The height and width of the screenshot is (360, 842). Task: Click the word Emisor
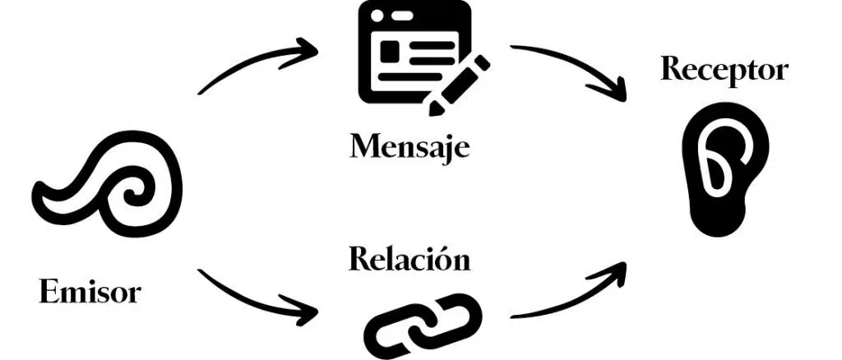(x=90, y=292)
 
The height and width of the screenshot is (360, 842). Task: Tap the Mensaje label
(x=409, y=147)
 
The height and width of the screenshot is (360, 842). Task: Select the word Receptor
(x=724, y=70)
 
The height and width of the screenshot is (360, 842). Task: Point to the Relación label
(x=409, y=260)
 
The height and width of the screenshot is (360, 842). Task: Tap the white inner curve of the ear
(x=717, y=164)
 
